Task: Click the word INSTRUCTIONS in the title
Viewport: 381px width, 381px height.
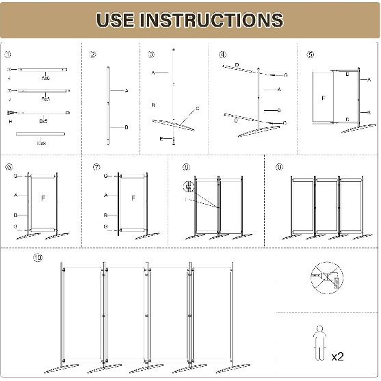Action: pyautogui.click(x=211, y=20)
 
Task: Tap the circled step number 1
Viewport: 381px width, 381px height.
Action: pyautogui.click(x=8, y=55)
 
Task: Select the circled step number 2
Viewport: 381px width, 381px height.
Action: pyautogui.click(x=92, y=55)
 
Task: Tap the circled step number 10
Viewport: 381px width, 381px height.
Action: pyautogui.click(x=37, y=258)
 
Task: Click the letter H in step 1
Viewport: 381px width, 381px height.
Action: pyautogui.click(x=10, y=121)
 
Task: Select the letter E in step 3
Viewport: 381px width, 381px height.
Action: pyautogui.click(x=161, y=138)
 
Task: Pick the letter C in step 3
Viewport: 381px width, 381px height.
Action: pyautogui.click(x=198, y=108)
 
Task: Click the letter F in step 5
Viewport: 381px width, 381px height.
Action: pyautogui.click(x=324, y=97)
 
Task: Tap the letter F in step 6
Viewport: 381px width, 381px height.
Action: pyautogui.click(x=43, y=198)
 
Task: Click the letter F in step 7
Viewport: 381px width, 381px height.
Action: pyautogui.click(x=133, y=198)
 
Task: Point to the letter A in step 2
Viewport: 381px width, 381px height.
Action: pyautogui.click(x=127, y=90)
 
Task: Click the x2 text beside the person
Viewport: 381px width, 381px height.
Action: pyautogui.click(x=337, y=356)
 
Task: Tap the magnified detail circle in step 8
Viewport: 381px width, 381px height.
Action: pyautogui.click(x=189, y=185)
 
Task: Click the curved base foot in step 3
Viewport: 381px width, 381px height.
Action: pyautogui.click(x=174, y=125)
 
